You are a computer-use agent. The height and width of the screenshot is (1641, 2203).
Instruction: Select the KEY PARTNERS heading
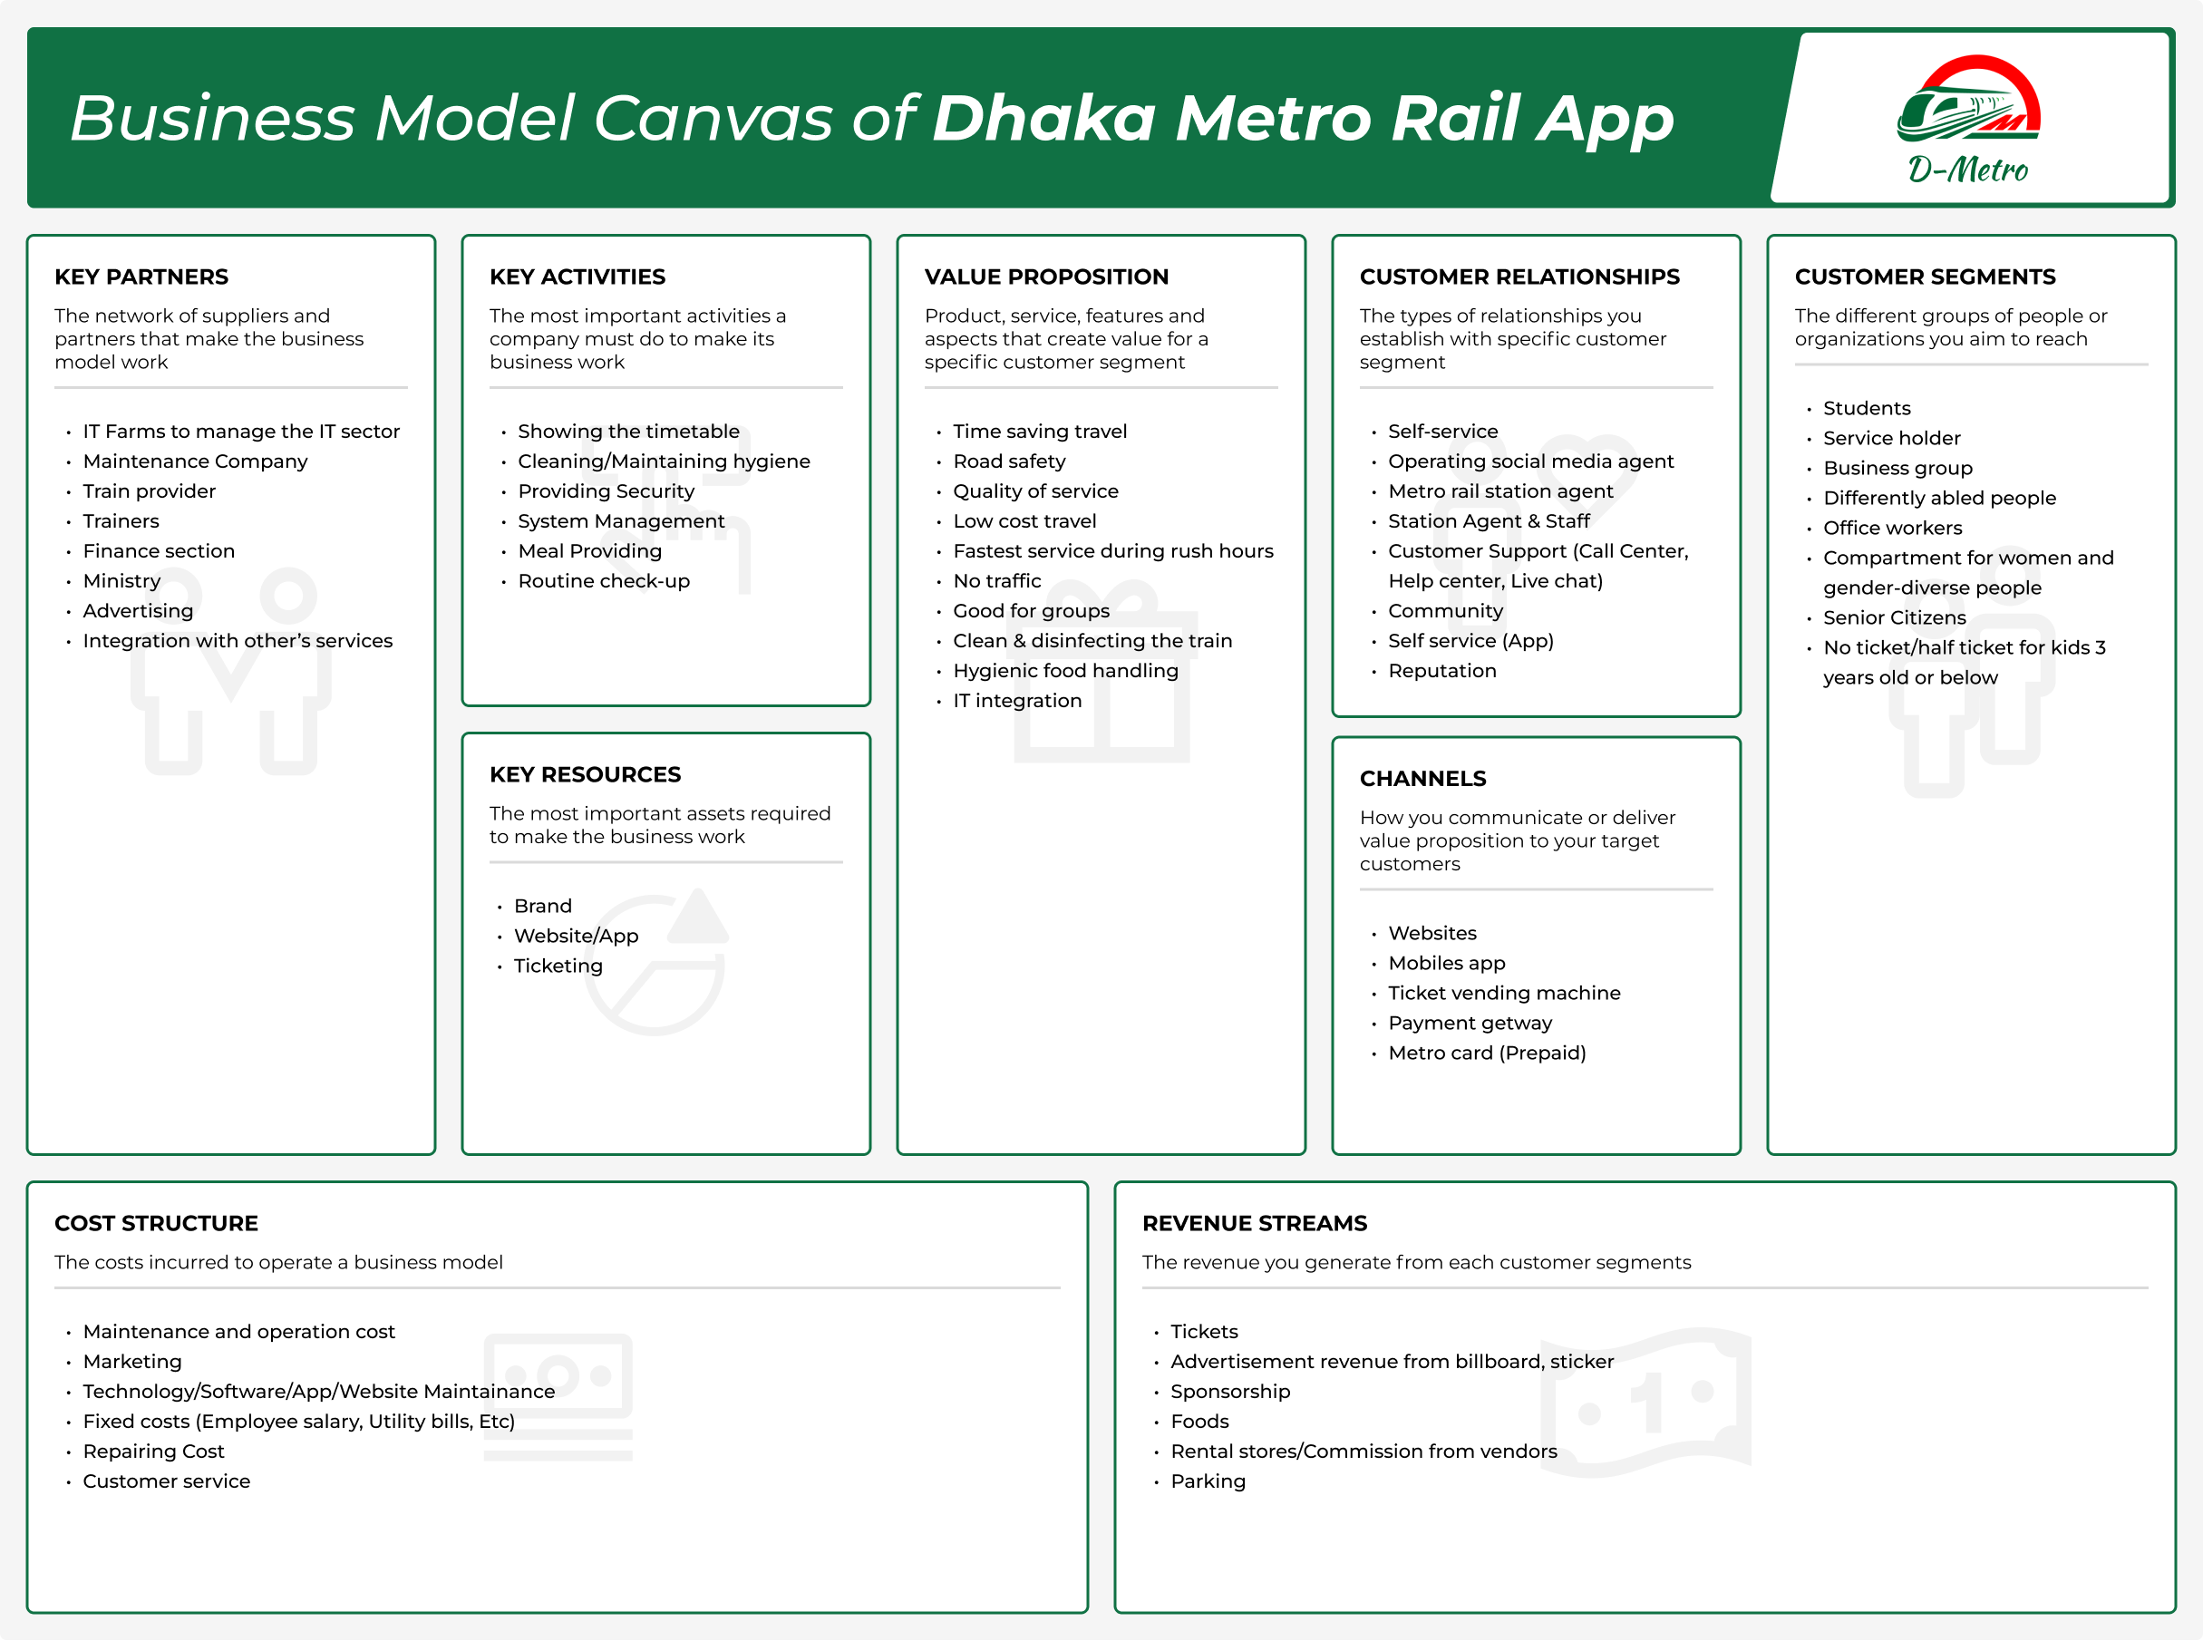[x=141, y=277]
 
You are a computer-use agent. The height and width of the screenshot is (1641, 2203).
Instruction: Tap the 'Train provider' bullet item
[x=149, y=491]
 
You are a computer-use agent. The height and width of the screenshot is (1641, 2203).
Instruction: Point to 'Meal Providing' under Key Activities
[x=589, y=551]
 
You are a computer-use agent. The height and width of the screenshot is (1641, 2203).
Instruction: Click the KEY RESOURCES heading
[x=585, y=775]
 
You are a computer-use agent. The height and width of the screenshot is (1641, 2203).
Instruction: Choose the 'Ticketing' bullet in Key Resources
[x=558, y=966]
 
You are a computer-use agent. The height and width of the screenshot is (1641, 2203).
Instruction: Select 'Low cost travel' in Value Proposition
[x=1024, y=521]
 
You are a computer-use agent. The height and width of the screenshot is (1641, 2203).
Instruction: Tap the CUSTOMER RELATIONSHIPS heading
[x=1519, y=277]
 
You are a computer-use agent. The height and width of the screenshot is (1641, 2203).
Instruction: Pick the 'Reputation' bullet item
[x=1441, y=672]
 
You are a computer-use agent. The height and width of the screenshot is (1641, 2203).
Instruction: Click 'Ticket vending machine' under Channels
[x=1504, y=994]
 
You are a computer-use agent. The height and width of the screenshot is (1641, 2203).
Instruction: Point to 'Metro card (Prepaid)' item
[x=1486, y=1053]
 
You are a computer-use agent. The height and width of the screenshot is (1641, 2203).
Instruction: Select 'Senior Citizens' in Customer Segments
[x=1894, y=617]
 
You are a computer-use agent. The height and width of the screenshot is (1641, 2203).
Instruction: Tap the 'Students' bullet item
[x=1867, y=408]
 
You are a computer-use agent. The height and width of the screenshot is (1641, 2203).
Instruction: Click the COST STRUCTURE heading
[x=156, y=1224]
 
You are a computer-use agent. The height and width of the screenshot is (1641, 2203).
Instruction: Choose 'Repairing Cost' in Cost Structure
[x=153, y=1452]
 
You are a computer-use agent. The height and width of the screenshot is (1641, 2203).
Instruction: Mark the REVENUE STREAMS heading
[x=1254, y=1224]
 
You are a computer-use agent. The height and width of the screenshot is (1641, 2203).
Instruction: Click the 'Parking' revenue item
[x=1207, y=1482]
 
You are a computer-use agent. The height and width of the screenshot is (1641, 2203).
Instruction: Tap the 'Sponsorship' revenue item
[x=1229, y=1393]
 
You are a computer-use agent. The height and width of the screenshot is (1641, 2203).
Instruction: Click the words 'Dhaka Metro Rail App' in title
[x=1302, y=118]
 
